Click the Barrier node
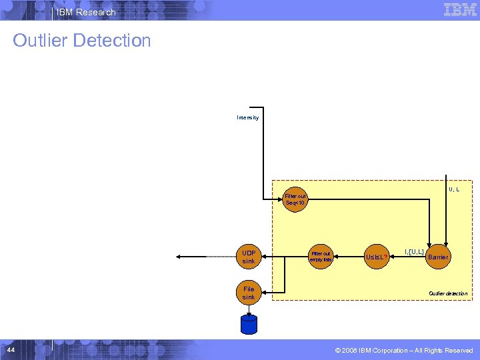tap(438, 257)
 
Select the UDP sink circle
tap(249, 257)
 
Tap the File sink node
tap(249, 293)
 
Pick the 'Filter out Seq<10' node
tap(295, 199)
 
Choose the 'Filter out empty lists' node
tap(321, 257)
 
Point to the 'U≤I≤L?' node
tap(377, 257)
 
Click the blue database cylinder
tap(249, 325)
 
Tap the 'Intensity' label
tap(247, 118)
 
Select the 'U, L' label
tap(454, 189)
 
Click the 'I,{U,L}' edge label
tap(414, 251)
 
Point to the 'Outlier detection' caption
tap(447, 293)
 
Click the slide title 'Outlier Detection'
tap(82, 41)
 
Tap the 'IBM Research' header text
tap(86, 12)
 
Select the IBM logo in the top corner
tap(459, 9)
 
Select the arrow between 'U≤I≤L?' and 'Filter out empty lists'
tap(349, 257)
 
